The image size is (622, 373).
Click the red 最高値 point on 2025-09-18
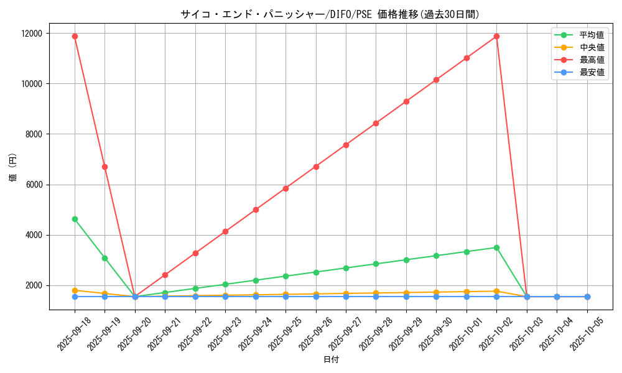coord(75,36)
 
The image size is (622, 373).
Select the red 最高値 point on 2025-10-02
coord(496,36)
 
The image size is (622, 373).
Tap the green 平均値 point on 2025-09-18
coord(75,219)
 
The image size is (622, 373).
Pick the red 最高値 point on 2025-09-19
coord(104,167)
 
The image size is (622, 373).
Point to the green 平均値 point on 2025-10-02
coord(496,247)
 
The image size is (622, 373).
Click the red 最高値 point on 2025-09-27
coord(346,145)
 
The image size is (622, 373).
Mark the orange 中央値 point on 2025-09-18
coord(75,290)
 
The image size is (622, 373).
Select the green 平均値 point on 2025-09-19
coord(104,258)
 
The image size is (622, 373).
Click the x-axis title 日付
coord(331,360)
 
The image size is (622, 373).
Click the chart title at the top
coord(330,14)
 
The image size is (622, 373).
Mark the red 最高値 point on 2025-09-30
coord(436,80)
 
